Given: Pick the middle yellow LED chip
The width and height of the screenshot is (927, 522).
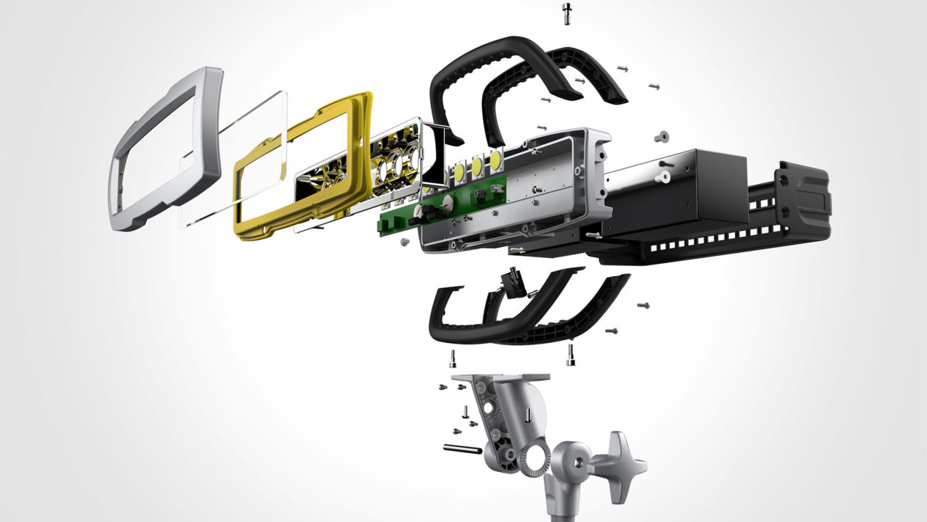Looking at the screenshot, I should pos(477,167).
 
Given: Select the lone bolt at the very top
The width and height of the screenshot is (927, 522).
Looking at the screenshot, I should pos(566,13).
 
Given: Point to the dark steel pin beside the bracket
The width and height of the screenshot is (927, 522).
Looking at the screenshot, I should pos(461,449).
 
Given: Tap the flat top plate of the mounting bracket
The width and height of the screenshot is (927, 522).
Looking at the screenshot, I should pos(500,378).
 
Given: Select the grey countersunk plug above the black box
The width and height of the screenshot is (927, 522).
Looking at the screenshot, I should pos(660,136).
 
